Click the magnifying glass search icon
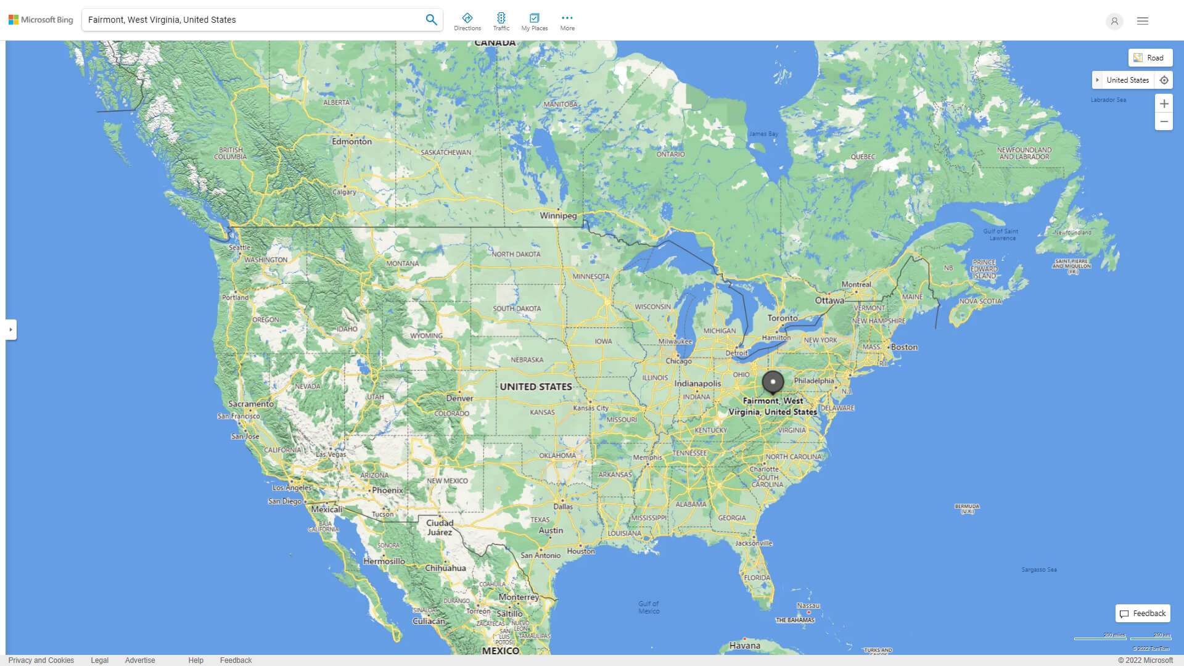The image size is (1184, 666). pyautogui.click(x=431, y=20)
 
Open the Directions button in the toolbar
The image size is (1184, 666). pyautogui.click(x=467, y=22)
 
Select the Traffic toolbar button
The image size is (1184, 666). pyautogui.click(x=501, y=22)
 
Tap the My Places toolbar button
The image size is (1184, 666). pyautogui.click(x=534, y=22)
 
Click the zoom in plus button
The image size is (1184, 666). pyautogui.click(x=1164, y=104)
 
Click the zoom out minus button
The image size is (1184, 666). pyautogui.click(x=1164, y=121)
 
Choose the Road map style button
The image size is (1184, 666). pyautogui.click(x=1150, y=58)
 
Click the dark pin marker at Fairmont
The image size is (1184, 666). pyautogui.click(x=773, y=382)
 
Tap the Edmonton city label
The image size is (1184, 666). pyautogui.click(x=351, y=141)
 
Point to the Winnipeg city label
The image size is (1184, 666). pyautogui.click(x=558, y=216)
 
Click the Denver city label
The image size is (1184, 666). pyautogui.click(x=459, y=398)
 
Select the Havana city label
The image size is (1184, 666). pyautogui.click(x=744, y=646)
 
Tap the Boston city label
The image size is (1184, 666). pyautogui.click(x=904, y=347)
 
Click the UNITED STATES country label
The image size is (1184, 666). pyautogui.click(x=535, y=387)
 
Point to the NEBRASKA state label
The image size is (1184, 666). pyautogui.click(x=527, y=360)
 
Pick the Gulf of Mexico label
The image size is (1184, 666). pyautogui.click(x=649, y=607)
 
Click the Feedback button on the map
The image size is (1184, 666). pyautogui.click(x=1143, y=614)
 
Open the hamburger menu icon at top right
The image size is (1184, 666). pyautogui.click(x=1143, y=21)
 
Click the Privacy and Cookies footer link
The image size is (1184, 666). pyautogui.click(x=41, y=660)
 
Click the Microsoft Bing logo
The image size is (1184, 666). pyautogui.click(x=41, y=20)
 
